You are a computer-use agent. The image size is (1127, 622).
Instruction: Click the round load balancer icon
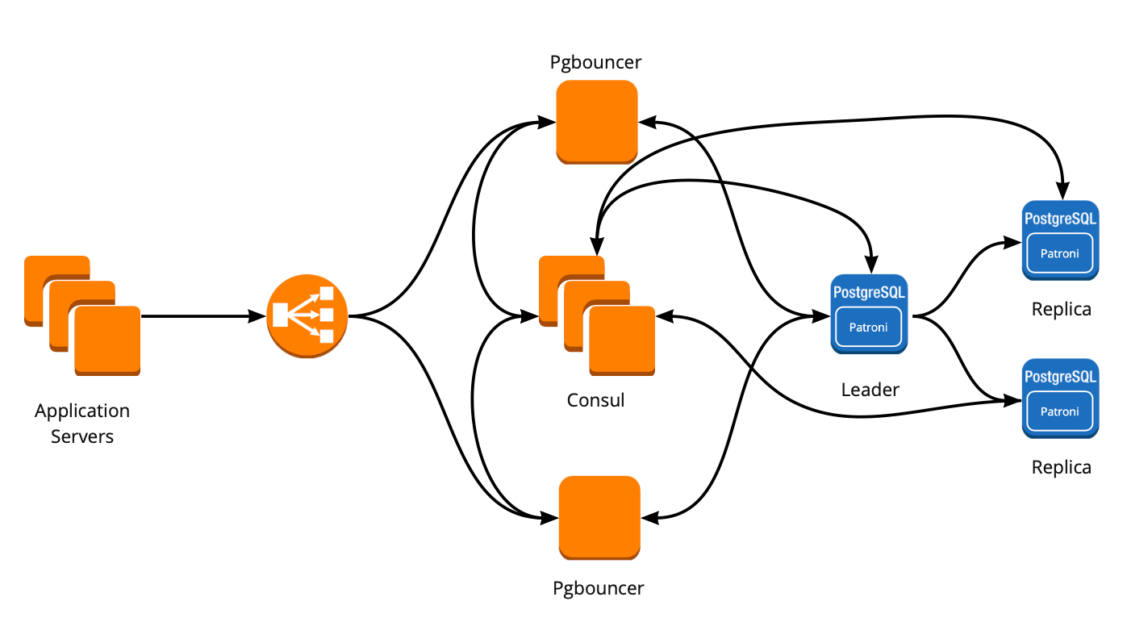tap(307, 315)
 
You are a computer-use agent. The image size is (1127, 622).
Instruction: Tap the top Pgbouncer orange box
tap(597, 121)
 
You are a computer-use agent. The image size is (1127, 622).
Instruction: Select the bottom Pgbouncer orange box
tap(599, 517)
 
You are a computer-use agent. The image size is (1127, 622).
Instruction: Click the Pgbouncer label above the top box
tap(596, 62)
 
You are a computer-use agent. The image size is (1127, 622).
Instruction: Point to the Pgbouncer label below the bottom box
tap(599, 588)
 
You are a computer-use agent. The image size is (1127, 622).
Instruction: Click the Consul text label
tap(595, 400)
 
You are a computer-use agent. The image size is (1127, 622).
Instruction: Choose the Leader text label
tap(870, 390)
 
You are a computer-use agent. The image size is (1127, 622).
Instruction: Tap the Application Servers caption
tap(82, 424)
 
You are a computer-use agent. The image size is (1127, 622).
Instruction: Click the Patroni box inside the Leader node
tap(869, 328)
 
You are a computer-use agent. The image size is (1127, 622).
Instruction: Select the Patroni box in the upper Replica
tap(1060, 253)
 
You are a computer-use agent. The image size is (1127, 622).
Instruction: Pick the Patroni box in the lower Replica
tap(1060, 411)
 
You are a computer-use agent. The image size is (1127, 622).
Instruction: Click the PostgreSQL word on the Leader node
tap(869, 292)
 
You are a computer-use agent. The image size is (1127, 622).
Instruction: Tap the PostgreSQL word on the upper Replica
tap(1060, 218)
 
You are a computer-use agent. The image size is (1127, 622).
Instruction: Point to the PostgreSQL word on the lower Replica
tap(1060, 376)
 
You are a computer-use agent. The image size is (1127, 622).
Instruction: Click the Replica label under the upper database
tap(1061, 309)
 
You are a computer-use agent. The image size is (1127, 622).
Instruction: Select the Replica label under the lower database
tap(1061, 467)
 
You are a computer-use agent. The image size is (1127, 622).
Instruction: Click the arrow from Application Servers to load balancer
tap(202, 316)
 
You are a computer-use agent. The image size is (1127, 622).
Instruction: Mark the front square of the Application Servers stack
tap(108, 340)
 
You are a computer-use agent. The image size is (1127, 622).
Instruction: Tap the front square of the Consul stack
tap(622, 340)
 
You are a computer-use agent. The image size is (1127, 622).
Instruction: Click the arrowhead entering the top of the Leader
tap(870, 265)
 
